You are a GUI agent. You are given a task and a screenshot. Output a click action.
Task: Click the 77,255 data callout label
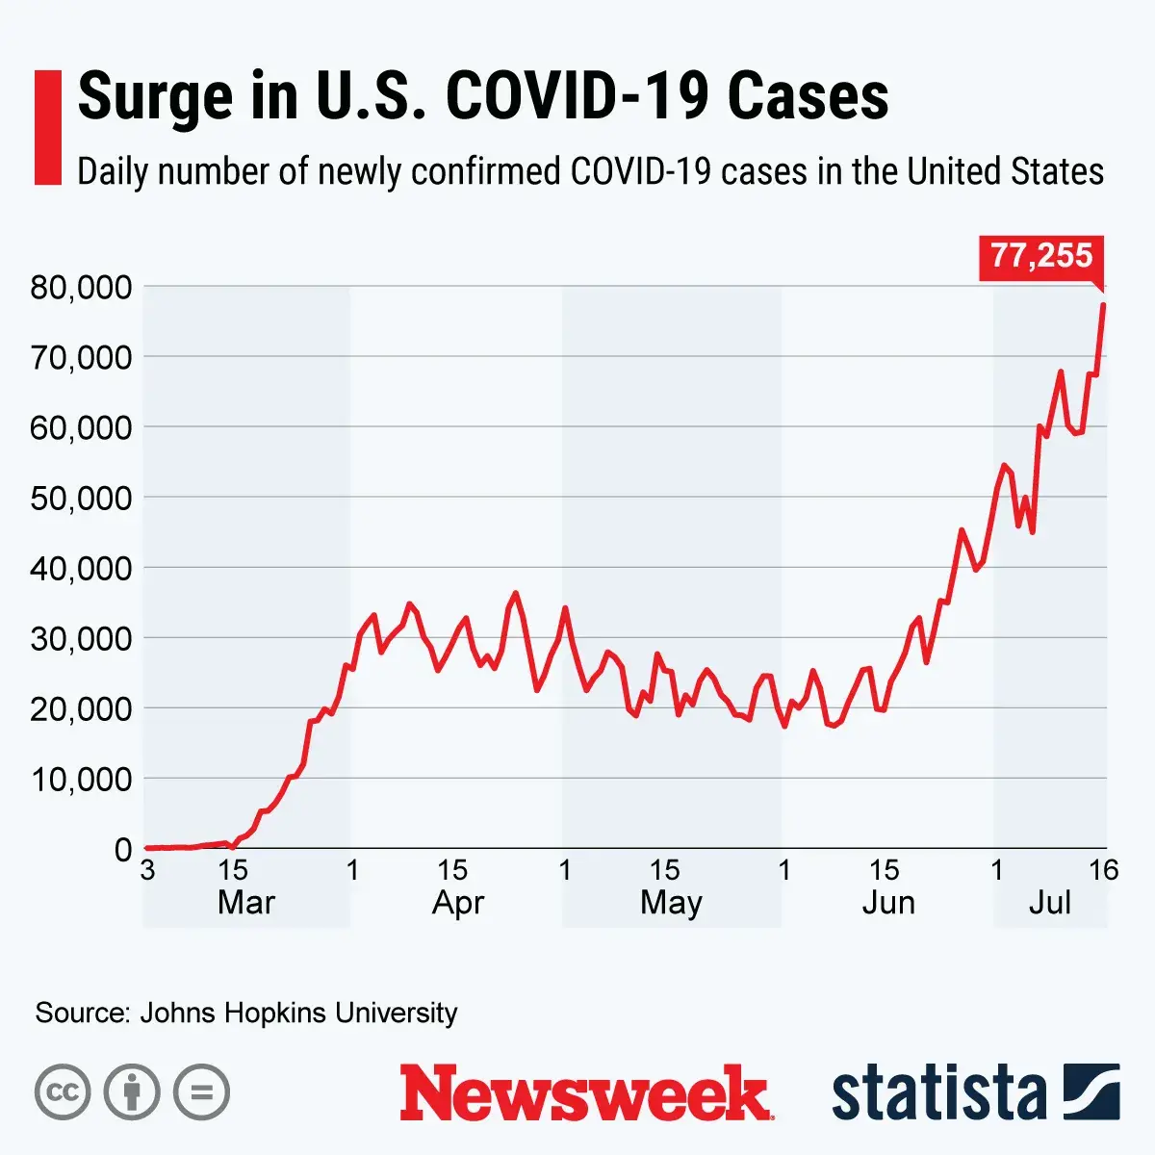pos(1041,257)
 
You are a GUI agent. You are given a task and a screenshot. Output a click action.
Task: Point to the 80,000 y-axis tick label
pos(81,287)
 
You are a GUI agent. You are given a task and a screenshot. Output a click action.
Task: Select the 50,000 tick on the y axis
pos(81,498)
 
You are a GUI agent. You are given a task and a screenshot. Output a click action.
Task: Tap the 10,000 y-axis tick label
pos(81,779)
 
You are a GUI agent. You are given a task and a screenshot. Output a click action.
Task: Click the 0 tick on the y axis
pos(122,849)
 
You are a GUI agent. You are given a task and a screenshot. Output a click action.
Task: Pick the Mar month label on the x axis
pos(246,903)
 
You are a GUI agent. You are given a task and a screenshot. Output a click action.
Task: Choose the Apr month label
pos(458,903)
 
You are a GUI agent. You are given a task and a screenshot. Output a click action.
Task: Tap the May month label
pos(671,903)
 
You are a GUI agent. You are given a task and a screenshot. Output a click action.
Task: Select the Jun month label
pos(887,903)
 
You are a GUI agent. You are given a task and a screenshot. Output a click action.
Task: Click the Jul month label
pos(1049,903)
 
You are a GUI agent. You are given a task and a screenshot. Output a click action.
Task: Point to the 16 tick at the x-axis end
pos(1103,870)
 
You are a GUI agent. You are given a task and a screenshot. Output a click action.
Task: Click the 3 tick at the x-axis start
pos(147,870)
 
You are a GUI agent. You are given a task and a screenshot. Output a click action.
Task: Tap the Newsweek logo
pos(586,1093)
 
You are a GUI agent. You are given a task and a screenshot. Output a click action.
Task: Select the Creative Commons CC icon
pos(63,1092)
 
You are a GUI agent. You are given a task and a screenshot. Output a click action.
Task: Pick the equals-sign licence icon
pos(202,1092)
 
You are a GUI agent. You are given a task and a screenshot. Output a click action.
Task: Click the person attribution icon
pos(132,1092)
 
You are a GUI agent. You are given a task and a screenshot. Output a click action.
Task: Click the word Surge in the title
pos(155,96)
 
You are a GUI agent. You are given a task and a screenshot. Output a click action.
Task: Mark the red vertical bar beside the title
pos(47,126)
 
